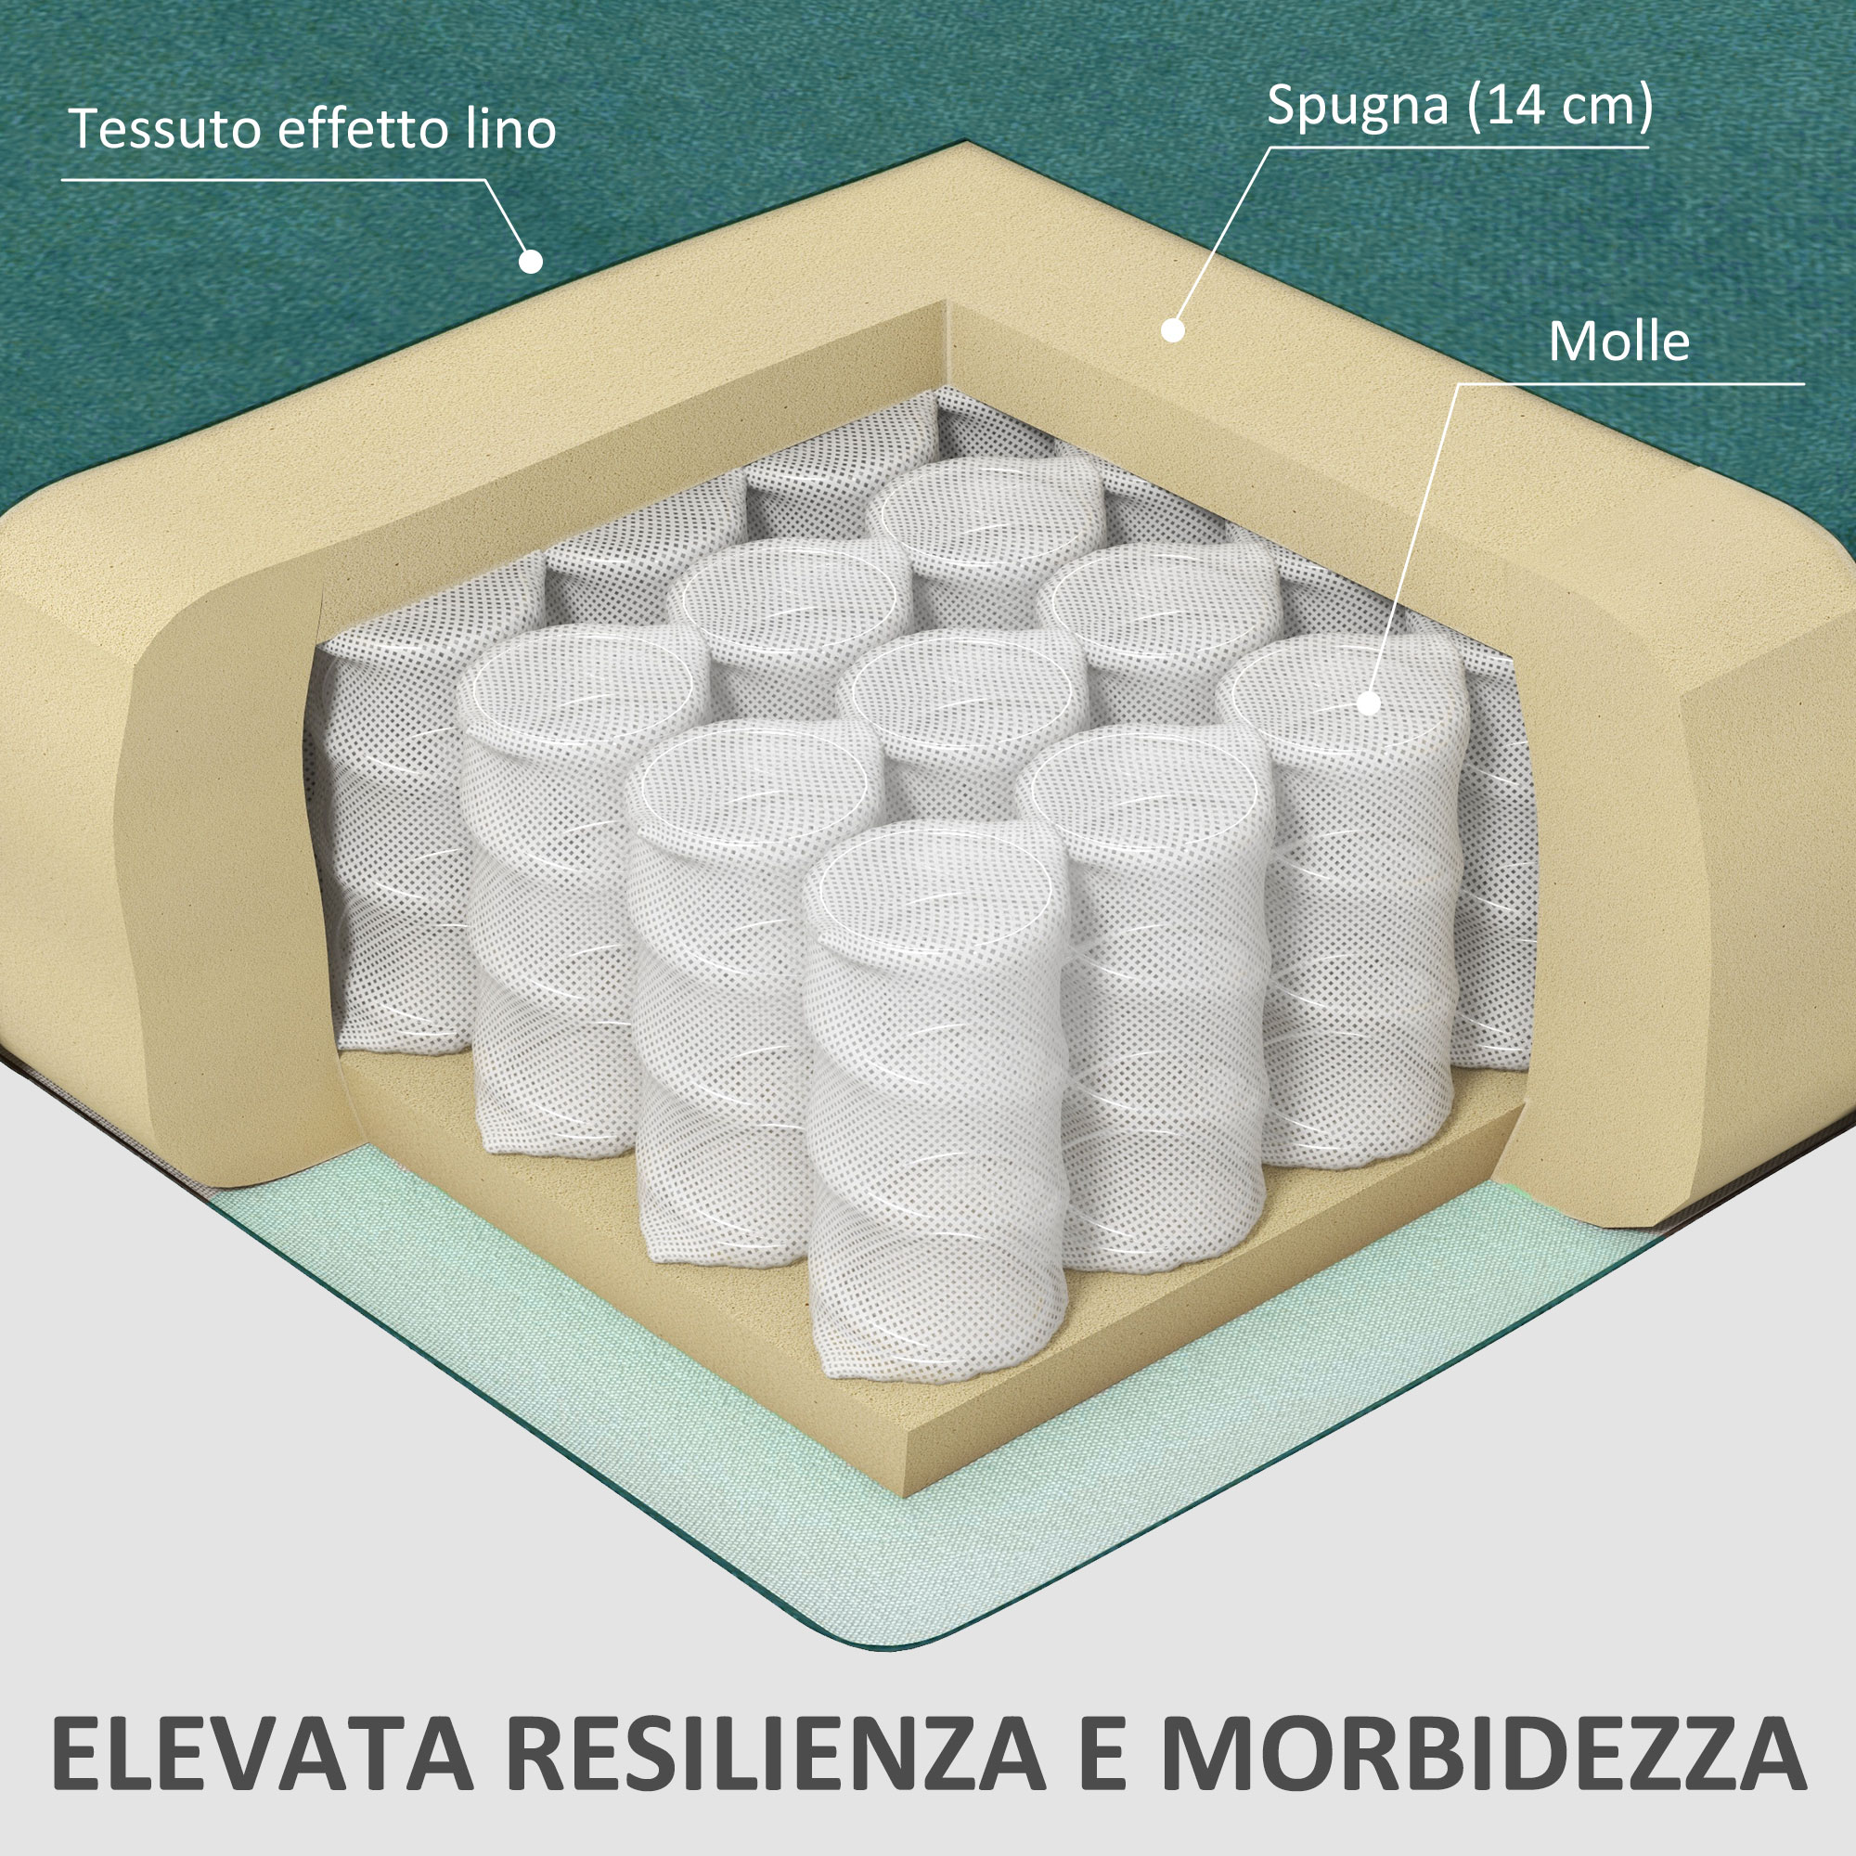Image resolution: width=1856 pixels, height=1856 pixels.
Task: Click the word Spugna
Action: coord(1358,106)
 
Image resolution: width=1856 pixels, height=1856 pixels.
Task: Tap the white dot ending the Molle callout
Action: coord(1369,703)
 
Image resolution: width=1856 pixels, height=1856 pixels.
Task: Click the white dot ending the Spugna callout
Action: coord(1172,330)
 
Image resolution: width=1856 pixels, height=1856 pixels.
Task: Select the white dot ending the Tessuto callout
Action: coord(530,261)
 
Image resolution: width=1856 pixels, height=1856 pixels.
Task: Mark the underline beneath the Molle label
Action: coord(1630,384)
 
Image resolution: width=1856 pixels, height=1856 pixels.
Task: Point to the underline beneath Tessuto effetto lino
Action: coord(273,180)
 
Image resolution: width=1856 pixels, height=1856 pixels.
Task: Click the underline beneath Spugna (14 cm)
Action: coord(1458,147)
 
